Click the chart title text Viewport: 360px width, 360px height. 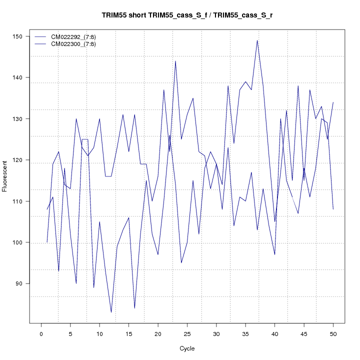tap(186, 15)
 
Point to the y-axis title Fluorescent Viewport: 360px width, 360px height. tap(5, 175)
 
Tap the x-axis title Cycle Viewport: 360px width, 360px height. tap(186, 348)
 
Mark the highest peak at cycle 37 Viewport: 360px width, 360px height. tap(257, 40)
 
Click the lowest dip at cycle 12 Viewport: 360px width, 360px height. tap(111, 312)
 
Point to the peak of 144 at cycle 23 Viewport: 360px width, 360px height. tap(175, 61)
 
